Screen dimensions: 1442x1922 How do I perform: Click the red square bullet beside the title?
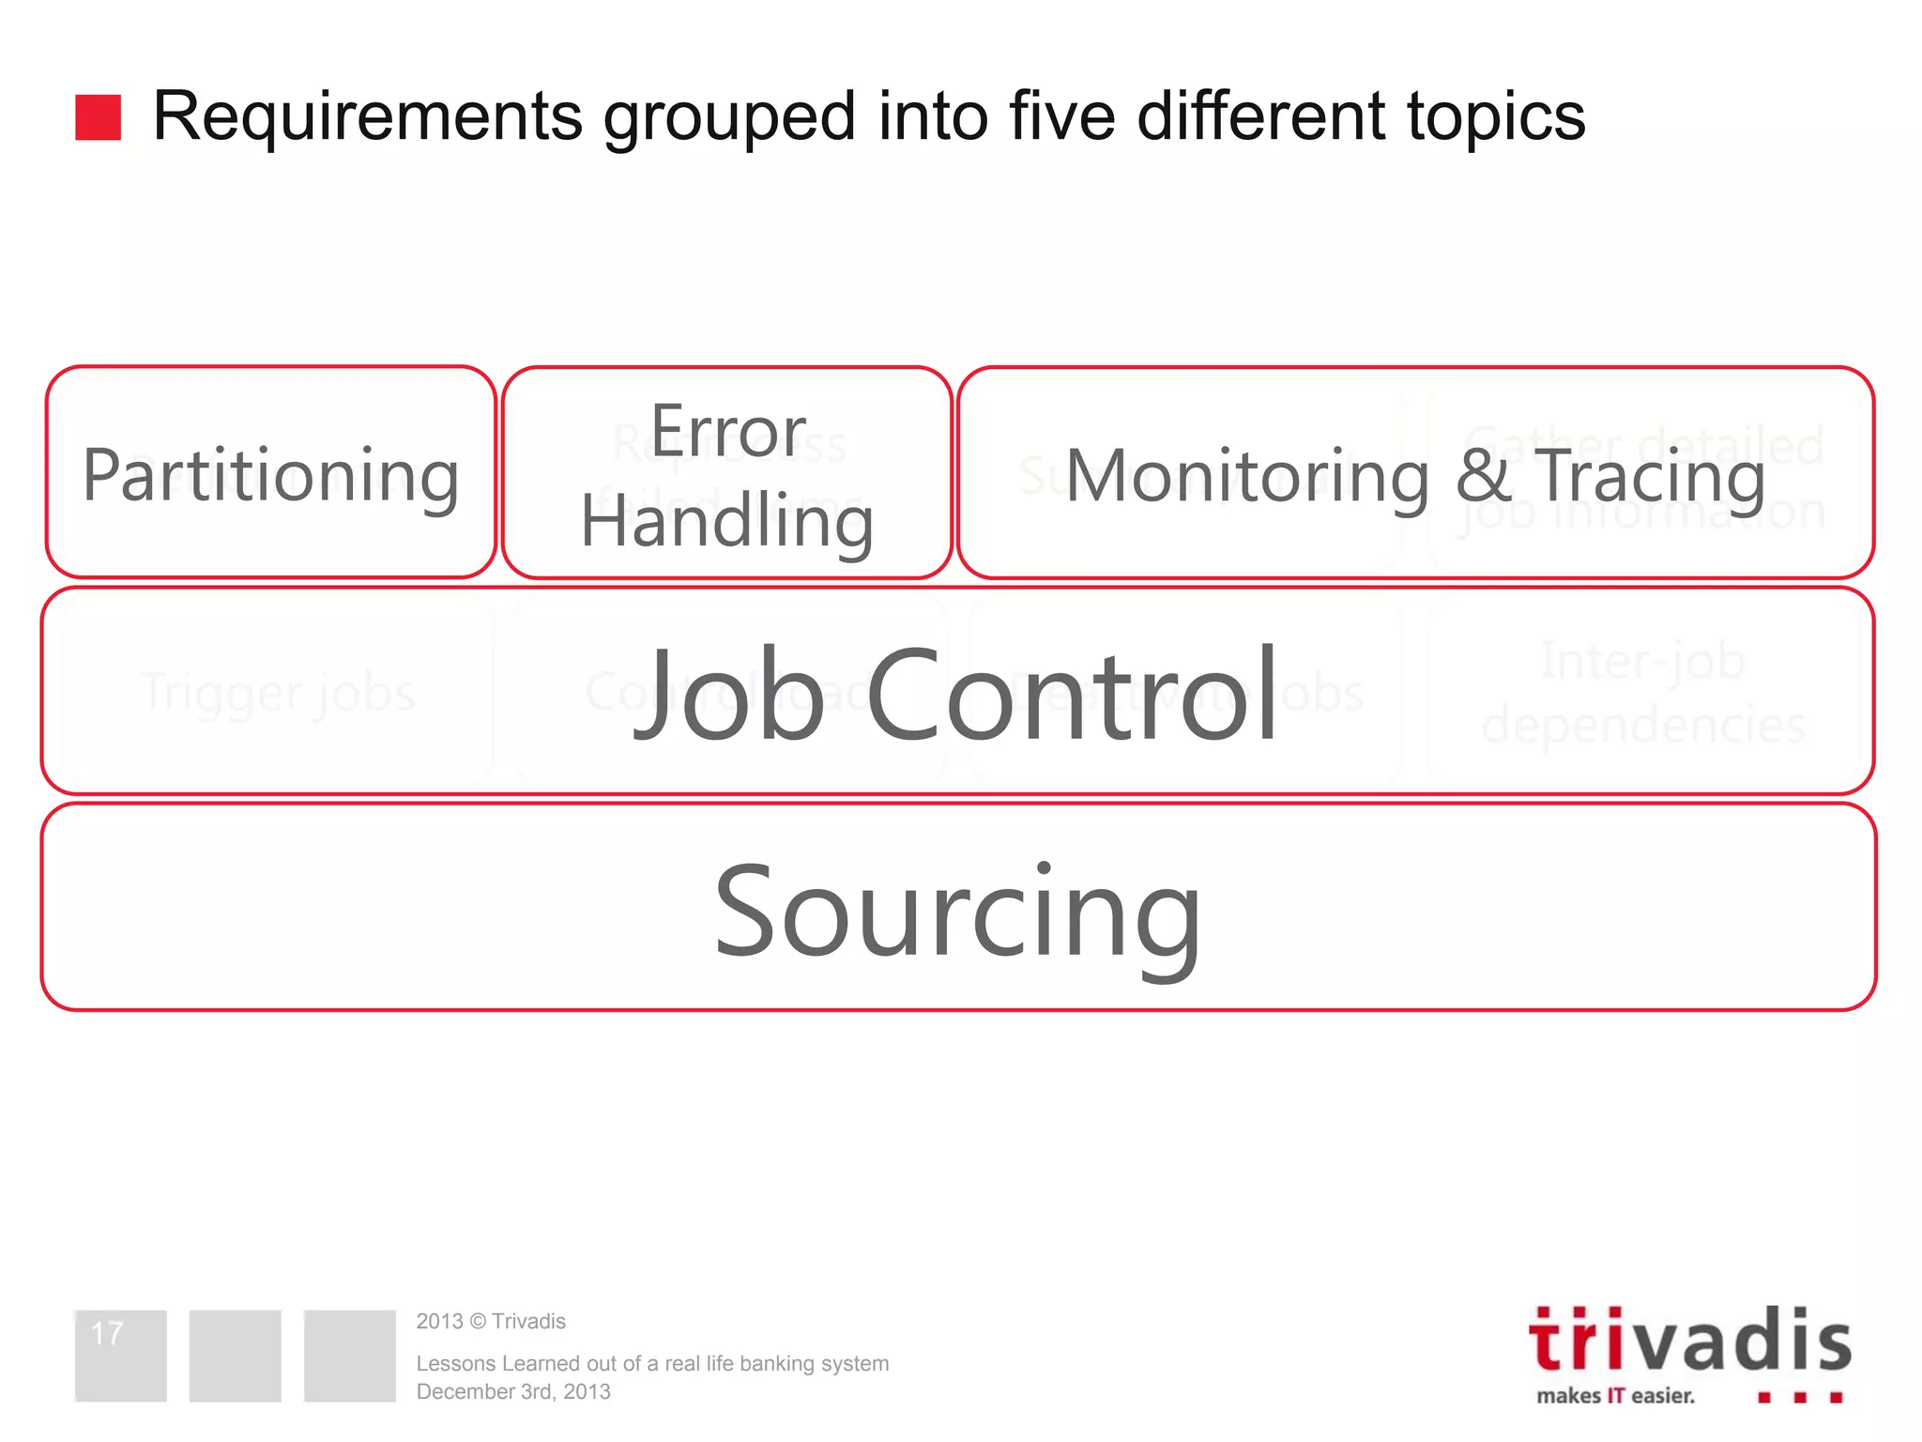point(98,117)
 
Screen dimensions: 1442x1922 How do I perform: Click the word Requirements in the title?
point(367,117)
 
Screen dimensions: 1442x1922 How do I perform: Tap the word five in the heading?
point(1061,117)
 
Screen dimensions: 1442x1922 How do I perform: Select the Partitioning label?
point(270,476)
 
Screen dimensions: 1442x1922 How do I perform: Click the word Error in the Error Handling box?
point(728,432)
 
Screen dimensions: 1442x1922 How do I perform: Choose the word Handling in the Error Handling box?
point(727,522)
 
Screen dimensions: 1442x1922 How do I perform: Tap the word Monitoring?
point(1247,477)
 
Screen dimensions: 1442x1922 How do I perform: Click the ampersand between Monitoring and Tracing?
point(1482,476)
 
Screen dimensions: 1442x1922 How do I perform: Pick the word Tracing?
point(1649,477)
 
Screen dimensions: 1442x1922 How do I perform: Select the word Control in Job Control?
point(1072,695)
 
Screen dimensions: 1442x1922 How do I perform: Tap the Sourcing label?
point(957,911)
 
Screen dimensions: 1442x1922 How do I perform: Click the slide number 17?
point(107,1333)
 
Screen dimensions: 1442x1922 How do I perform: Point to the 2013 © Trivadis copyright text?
point(491,1322)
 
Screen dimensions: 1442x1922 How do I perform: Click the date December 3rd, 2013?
point(513,1392)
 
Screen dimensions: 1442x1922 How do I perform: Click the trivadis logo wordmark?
point(1689,1341)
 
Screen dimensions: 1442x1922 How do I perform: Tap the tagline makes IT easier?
point(1615,1396)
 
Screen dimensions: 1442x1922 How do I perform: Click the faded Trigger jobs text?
point(278,693)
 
